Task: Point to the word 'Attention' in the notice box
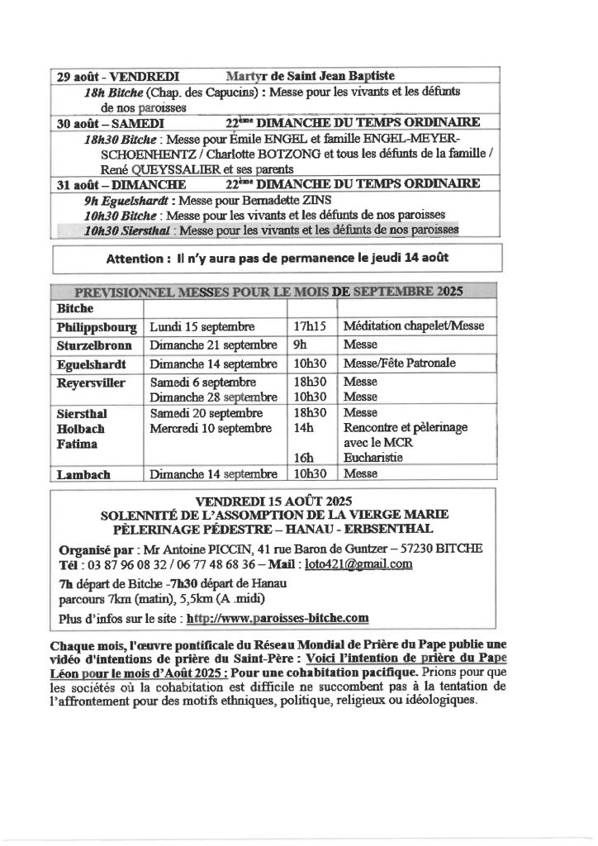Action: click(134, 259)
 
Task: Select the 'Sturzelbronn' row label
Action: click(96, 345)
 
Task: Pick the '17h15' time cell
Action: click(309, 326)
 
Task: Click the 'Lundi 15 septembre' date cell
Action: click(202, 326)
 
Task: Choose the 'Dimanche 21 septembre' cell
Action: click(213, 345)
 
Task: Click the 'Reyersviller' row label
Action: click(93, 383)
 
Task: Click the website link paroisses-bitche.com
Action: click(278, 617)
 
